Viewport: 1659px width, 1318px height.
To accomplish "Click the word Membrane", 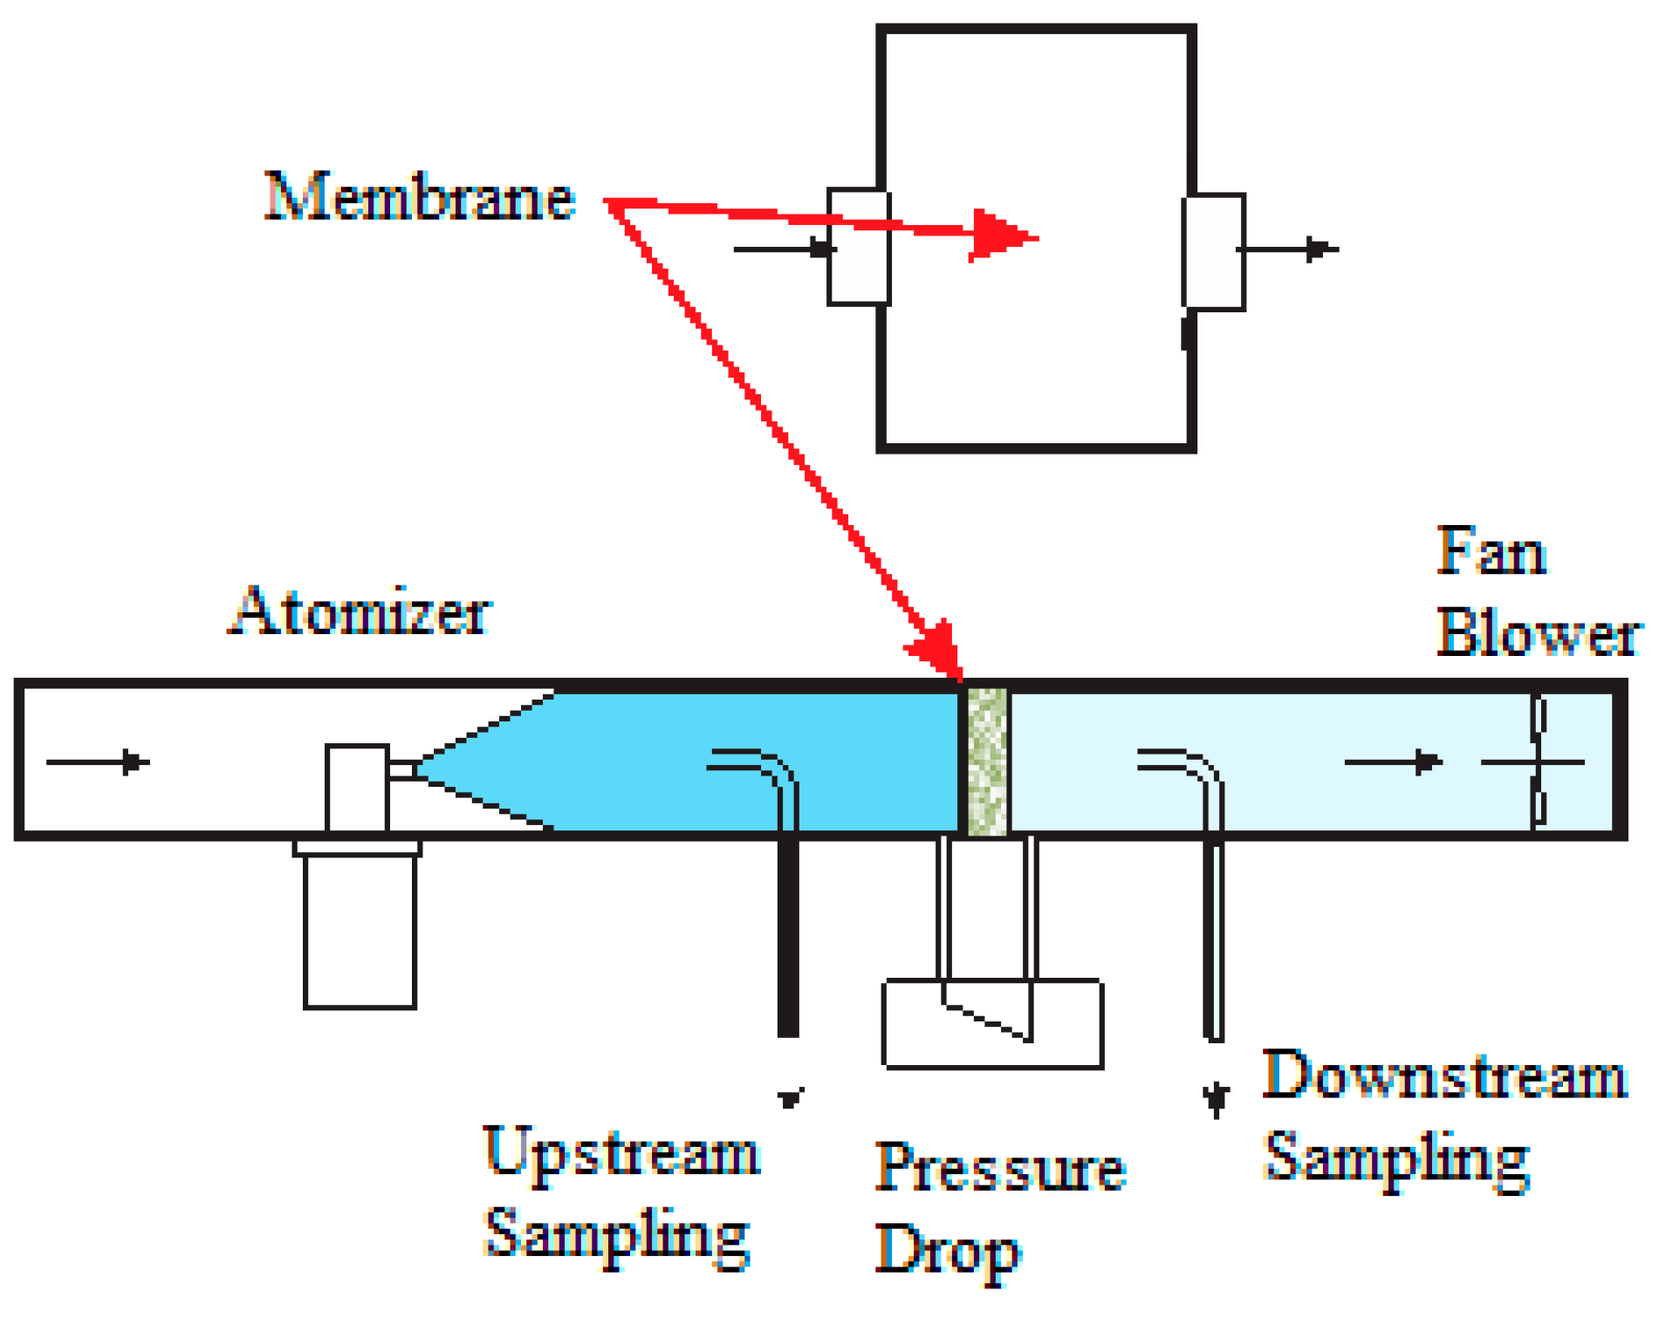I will [x=419, y=197].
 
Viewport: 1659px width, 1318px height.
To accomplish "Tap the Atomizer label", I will [x=360, y=612].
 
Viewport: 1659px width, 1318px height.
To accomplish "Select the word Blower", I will [x=1539, y=633].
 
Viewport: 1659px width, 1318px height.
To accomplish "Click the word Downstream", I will [x=1444, y=1075].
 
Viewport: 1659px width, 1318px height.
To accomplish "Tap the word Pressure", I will [x=1000, y=1169].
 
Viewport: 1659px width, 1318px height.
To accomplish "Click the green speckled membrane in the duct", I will [x=987, y=761].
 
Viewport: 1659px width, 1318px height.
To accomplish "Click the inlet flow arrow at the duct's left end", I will [x=98, y=762].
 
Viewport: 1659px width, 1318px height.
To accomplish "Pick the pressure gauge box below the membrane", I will [x=992, y=1024].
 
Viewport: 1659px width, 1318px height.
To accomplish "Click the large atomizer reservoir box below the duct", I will [x=360, y=932].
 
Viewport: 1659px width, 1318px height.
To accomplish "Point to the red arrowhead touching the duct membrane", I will [x=939, y=650].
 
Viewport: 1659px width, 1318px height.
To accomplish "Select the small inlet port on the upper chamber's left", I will [x=859, y=247].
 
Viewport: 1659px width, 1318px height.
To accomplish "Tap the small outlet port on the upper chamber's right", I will [x=1213, y=252].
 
